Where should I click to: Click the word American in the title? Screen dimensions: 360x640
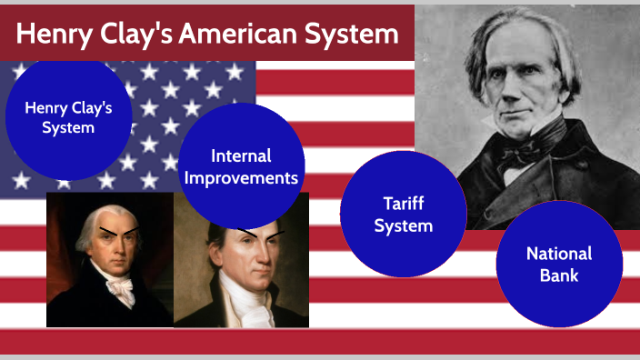(x=237, y=34)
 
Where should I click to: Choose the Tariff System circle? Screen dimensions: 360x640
(x=403, y=215)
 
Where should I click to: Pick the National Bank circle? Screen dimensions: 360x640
(x=559, y=264)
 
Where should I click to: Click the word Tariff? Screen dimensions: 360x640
(x=403, y=204)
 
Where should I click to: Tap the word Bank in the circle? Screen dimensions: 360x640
(x=559, y=275)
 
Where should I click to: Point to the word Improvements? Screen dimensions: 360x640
(x=241, y=178)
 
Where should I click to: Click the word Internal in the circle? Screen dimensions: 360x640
(x=241, y=156)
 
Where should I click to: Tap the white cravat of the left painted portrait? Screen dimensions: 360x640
(x=117, y=289)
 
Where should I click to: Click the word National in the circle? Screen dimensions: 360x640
(x=559, y=254)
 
